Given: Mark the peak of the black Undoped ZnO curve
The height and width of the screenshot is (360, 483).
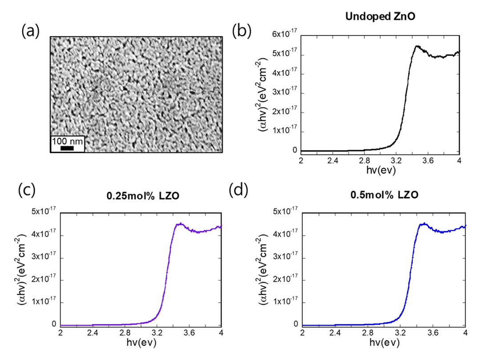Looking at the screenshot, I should click(417, 46).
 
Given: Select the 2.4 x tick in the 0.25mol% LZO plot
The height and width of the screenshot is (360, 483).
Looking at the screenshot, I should click(93, 332).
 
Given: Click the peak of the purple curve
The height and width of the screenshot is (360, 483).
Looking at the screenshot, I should click(180, 224).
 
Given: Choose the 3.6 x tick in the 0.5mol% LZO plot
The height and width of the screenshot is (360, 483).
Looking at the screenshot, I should click(433, 332).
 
